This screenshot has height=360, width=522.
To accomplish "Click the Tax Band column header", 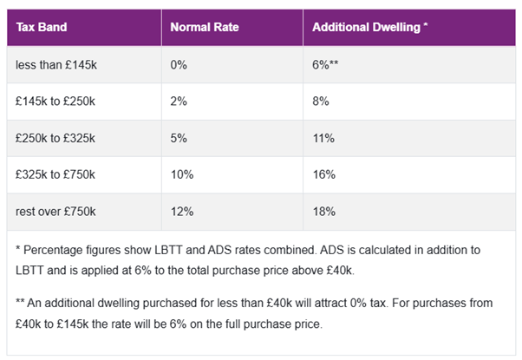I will point(42,27).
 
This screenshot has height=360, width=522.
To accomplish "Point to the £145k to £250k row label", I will point(55,101).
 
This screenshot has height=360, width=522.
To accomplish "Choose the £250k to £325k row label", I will point(55,138).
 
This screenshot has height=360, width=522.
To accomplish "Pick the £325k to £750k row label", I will point(55,174).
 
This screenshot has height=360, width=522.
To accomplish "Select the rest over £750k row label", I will point(55,211).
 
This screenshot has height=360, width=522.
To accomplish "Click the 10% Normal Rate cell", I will point(182,174).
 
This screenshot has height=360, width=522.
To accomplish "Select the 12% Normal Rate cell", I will point(182,211).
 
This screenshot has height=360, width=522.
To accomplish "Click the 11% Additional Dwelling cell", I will point(325,138).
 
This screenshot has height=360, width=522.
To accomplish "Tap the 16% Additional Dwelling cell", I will point(325,174).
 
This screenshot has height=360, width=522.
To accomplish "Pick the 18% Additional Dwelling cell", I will point(325,211).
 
